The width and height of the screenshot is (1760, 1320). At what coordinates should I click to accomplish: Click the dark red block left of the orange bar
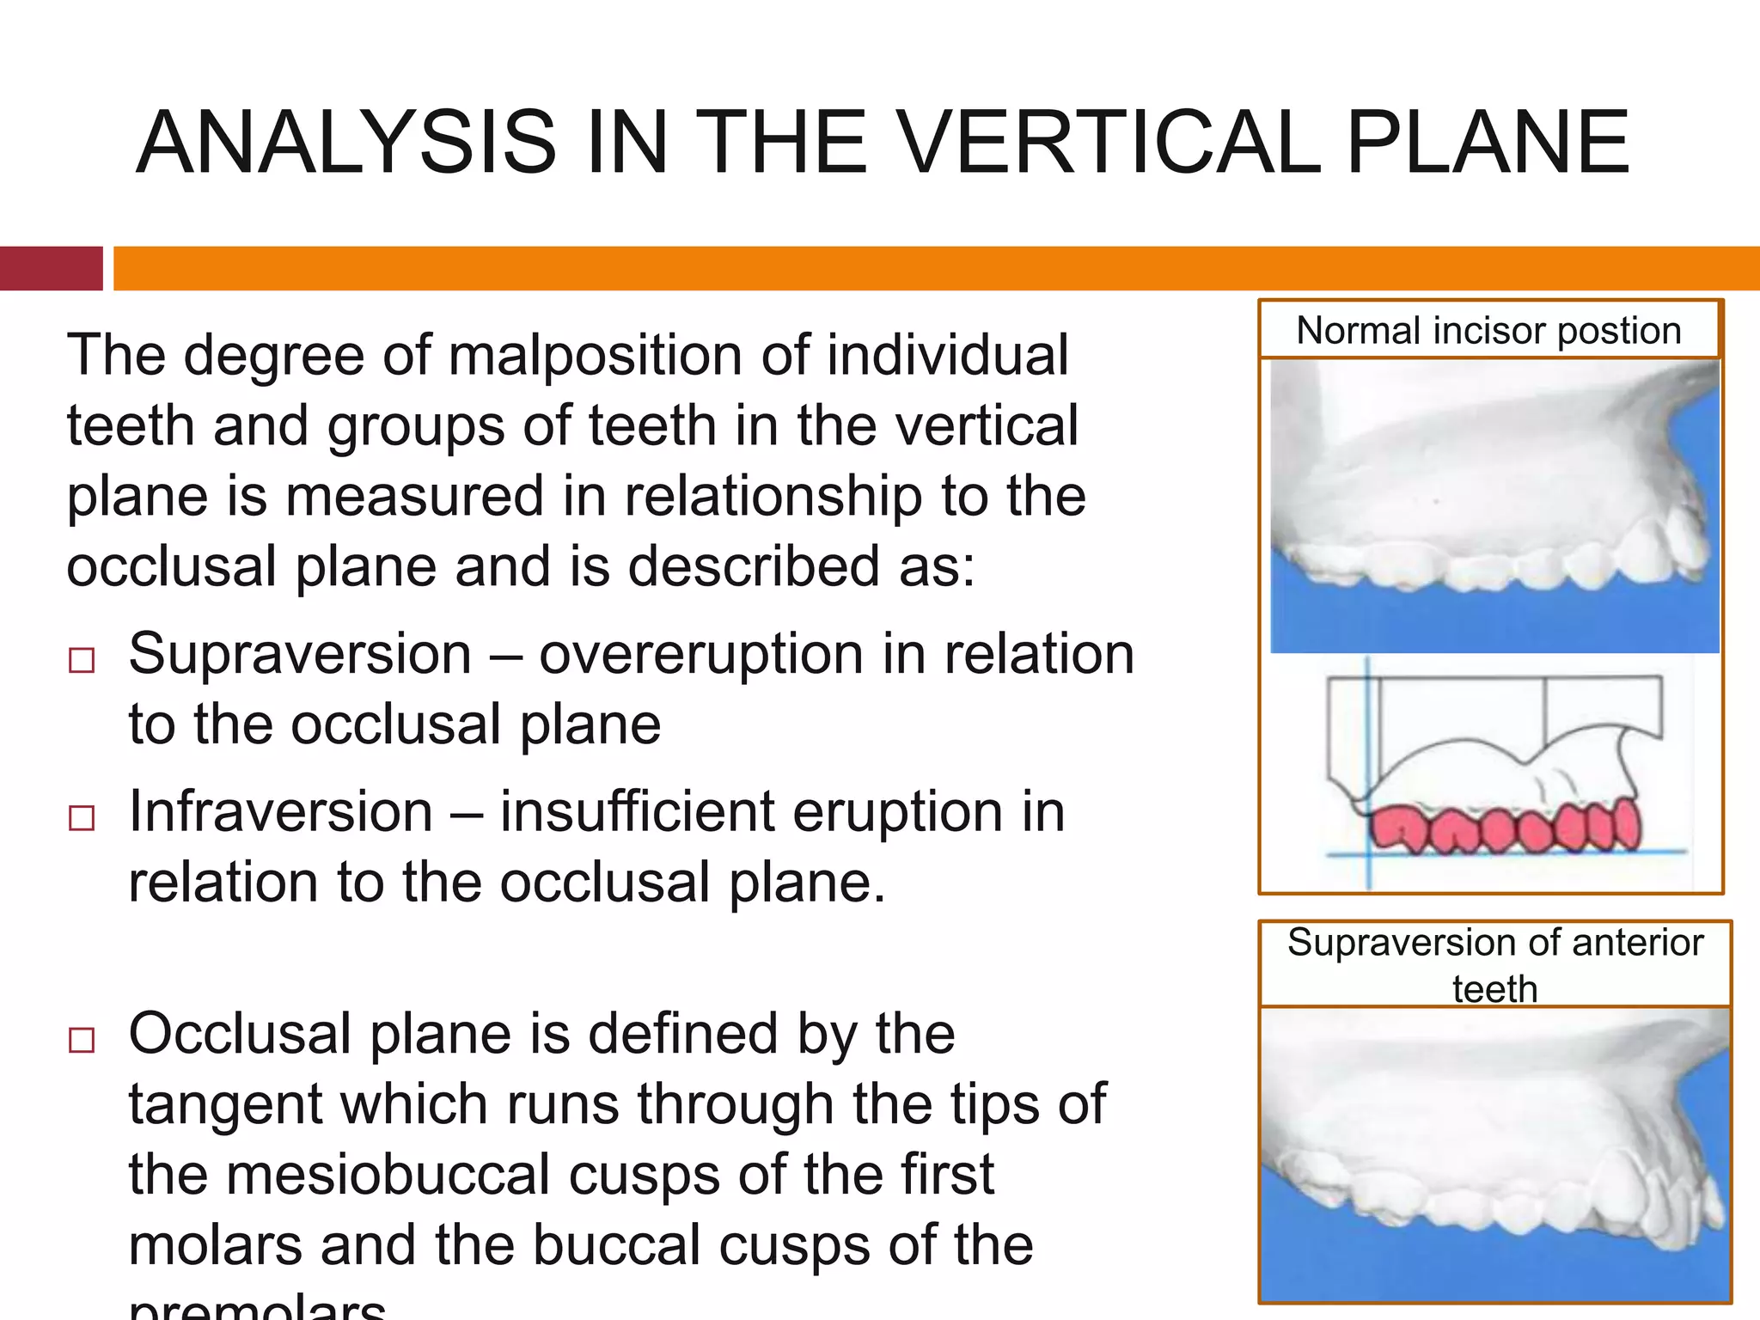tap(51, 268)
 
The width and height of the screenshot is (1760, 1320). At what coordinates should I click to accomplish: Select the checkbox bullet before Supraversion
tap(82, 660)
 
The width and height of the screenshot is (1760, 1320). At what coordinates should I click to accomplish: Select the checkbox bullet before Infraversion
tap(82, 817)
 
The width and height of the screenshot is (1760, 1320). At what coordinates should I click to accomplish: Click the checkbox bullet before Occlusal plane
tap(82, 1040)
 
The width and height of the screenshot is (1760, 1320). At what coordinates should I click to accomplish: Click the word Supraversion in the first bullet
tap(300, 655)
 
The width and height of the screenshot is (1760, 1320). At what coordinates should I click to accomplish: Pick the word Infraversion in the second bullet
tap(280, 812)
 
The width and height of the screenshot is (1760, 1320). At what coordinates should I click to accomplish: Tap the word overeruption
tap(701, 655)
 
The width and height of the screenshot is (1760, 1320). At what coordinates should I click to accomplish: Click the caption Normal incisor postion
tap(1488, 331)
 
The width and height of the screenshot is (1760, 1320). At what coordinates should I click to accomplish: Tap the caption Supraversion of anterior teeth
tap(1494, 964)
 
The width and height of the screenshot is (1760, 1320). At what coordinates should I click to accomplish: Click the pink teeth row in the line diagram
tap(1504, 828)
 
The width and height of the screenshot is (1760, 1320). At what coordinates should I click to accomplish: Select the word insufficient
tap(637, 812)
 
